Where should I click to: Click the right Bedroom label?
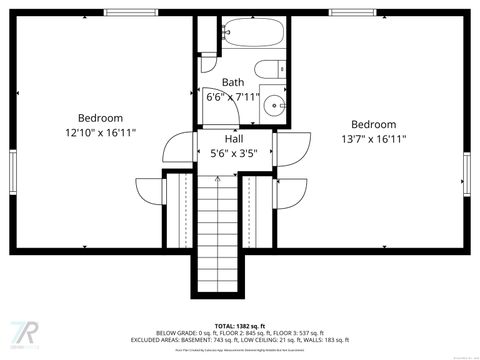[373, 125]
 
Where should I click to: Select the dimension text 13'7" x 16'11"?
[373, 140]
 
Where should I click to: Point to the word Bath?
[233, 83]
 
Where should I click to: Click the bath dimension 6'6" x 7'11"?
[233, 98]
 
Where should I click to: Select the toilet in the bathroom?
[269, 69]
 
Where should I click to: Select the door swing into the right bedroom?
[291, 149]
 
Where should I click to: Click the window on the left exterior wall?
[13, 170]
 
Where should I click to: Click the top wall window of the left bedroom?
[130, 13]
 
